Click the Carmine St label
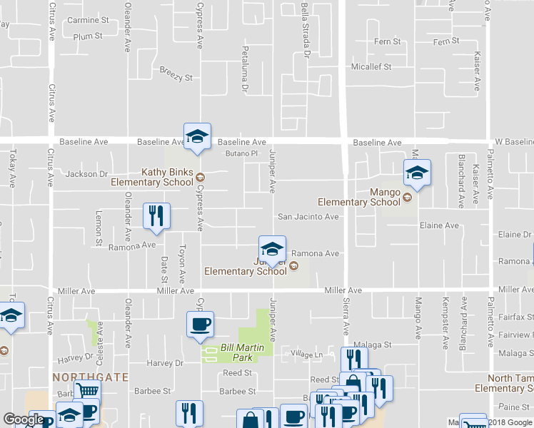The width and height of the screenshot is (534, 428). tap(87, 20)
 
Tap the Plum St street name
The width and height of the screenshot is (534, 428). tap(88, 36)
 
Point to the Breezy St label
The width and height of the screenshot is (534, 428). tap(176, 73)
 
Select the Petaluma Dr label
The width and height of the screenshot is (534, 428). tap(245, 71)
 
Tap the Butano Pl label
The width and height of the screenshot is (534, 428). tap(241, 153)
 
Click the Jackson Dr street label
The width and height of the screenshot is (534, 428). tap(86, 173)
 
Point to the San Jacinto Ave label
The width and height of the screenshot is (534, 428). tap(308, 217)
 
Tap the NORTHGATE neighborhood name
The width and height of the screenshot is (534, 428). tap(90, 376)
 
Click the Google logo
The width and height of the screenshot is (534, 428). tap(24, 419)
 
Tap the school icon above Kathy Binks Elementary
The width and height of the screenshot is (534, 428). tap(198, 136)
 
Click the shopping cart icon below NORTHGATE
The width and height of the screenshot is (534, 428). tap(87, 392)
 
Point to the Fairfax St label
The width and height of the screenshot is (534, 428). tap(518, 316)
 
